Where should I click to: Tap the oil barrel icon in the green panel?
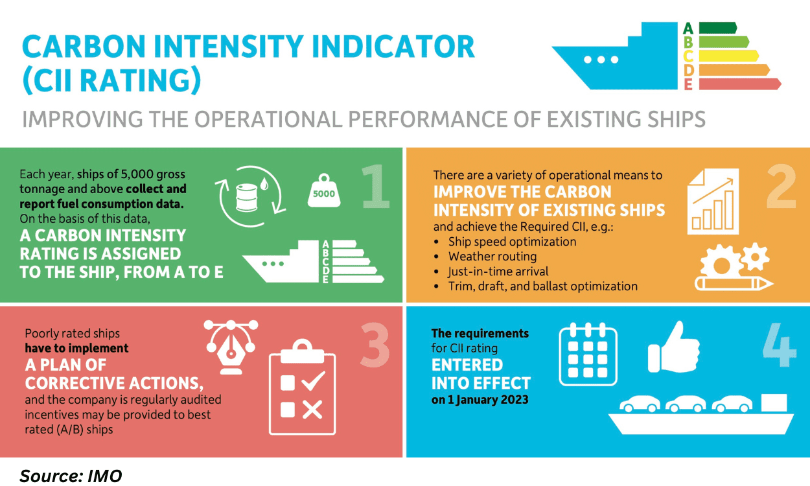(x=247, y=198)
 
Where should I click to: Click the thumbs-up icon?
(x=674, y=347)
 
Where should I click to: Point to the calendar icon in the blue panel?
(x=588, y=354)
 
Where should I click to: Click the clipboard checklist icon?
(x=303, y=387)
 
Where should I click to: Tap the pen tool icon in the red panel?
(x=231, y=347)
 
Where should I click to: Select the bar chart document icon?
(x=713, y=202)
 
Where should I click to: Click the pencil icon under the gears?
(x=734, y=284)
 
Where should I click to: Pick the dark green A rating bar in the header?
(x=718, y=28)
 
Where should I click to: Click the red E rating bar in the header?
(x=740, y=84)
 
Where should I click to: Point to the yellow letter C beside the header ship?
(x=688, y=56)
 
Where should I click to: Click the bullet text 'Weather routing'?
(x=492, y=257)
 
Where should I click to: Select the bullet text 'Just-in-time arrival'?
(x=498, y=272)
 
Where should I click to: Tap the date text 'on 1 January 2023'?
(x=480, y=400)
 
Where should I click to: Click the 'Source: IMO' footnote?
(x=71, y=476)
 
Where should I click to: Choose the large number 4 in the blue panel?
(x=780, y=345)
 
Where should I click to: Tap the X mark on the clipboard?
(x=312, y=410)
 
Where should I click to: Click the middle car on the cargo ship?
(x=686, y=404)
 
